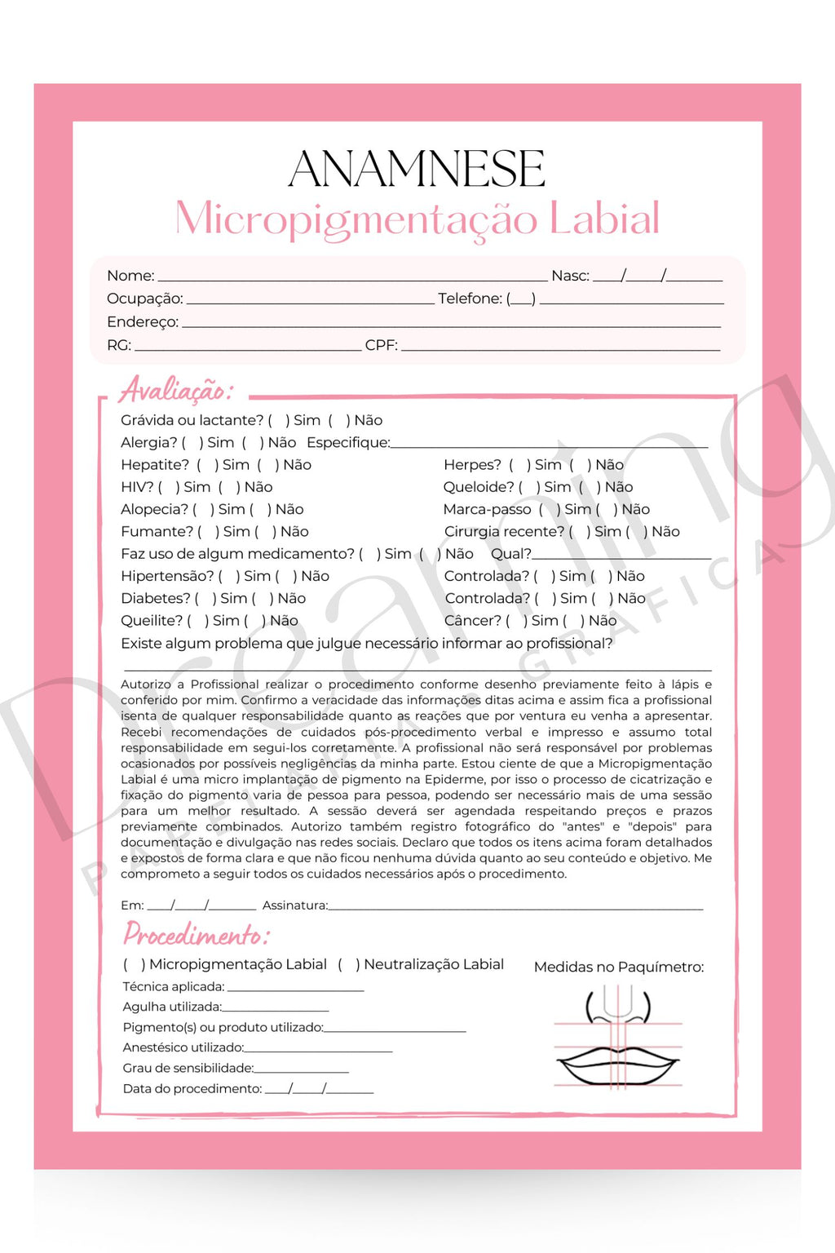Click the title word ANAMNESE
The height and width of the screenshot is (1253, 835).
click(x=417, y=169)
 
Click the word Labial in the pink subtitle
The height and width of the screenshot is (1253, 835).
click(x=603, y=219)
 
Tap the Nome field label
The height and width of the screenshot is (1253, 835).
click(x=130, y=276)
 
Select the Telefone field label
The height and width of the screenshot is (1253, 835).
click(x=470, y=299)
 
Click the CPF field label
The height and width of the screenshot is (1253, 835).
click(x=381, y=345)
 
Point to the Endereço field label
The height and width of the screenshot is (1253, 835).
click(x=142, y=322)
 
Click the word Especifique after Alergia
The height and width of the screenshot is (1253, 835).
click(x=348, y=443)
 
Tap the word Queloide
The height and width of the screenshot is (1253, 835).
click(x=479, y=487)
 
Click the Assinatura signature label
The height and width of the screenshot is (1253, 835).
click(x=294, y=905)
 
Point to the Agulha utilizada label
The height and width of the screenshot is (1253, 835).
click(x=171, y=1007)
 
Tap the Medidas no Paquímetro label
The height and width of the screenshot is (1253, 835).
click(x=618, y=967)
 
